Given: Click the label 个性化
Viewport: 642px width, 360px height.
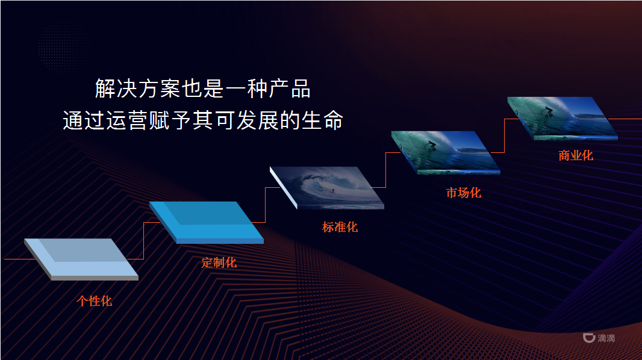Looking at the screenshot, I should (95, 301).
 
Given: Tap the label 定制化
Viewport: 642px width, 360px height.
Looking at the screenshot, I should (219, 262).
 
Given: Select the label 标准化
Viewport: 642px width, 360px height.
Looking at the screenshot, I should (340, 227).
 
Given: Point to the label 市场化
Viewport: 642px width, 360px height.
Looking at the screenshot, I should (464, 193).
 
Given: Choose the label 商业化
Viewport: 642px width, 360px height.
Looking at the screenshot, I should (576, 155).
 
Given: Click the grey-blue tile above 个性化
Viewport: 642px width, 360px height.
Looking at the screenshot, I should (81, 258).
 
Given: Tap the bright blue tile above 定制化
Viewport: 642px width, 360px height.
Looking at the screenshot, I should (207, 221).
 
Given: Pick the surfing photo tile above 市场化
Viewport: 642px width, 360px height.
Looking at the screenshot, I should (446, 151).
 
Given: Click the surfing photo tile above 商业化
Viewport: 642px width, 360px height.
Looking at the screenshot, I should (563, 117).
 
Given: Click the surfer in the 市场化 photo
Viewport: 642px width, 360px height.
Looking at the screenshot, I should (430, 146).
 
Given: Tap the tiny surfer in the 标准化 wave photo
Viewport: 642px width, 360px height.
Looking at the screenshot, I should (331, 190).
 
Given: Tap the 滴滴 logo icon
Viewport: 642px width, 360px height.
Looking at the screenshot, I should (588, 338).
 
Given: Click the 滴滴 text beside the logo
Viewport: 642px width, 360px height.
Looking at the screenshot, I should (606, 338).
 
